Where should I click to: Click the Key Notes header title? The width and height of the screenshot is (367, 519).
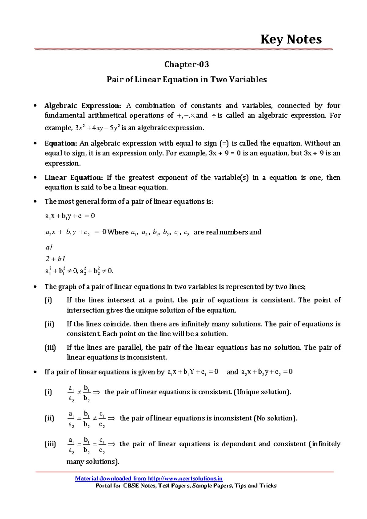tap(291, 39)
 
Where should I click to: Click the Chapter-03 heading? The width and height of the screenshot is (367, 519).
tap(187, 64)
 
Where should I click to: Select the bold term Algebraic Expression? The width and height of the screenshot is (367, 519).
tap(83, 106)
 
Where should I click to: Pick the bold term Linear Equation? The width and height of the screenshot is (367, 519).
tap(74, 178)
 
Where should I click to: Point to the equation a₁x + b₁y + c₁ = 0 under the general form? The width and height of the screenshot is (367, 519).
tap(70, 216)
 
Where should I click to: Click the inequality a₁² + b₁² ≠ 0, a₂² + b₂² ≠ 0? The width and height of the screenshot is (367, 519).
tap(79, 271)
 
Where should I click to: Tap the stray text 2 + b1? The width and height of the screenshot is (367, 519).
tap(55, 259)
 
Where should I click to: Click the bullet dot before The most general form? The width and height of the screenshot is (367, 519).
tap(35, 201)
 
